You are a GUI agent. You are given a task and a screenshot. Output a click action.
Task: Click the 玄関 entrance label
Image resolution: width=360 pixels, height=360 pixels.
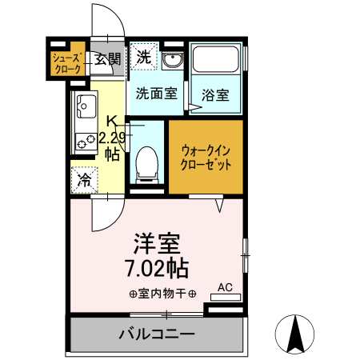tap(107, 58)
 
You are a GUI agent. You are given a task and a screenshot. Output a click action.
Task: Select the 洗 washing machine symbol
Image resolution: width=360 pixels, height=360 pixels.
tap(143, 57)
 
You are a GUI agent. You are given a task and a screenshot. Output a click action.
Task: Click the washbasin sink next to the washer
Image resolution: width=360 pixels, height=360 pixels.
tap(171, 60)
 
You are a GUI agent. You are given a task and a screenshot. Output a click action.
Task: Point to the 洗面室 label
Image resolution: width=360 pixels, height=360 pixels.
tap(156, 93)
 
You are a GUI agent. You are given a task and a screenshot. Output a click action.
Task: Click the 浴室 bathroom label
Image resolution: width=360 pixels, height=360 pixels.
tap(215, 95)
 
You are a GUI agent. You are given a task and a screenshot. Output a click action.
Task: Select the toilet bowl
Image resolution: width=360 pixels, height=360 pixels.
tap(146, 163)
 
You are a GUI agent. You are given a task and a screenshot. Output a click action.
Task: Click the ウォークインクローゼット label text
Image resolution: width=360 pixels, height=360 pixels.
tap(206, 156)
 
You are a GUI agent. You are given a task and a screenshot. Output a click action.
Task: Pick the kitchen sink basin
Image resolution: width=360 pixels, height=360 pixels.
tap(86, 105)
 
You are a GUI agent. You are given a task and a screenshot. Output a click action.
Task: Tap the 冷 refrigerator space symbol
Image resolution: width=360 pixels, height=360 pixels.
tap(84, 181)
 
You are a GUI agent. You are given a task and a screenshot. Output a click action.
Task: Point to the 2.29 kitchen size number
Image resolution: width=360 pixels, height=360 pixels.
tap(113, 137)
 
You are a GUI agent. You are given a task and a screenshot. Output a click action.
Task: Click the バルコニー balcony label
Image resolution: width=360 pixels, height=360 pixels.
tap(158, 333)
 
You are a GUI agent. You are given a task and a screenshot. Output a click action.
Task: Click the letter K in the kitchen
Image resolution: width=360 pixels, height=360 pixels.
tap(112, 121)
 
